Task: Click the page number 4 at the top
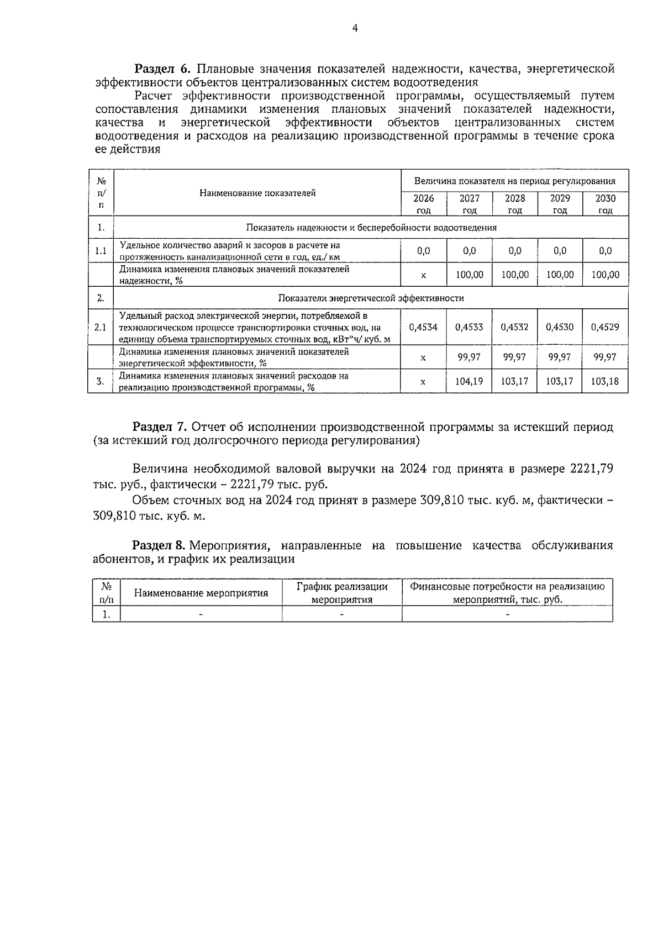coord(355,29)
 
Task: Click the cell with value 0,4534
coord(423,327)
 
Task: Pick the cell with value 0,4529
coord(605,327)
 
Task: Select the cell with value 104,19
coord(469,381)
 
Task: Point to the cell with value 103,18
coord(605,381)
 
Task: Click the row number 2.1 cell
coord(101,327)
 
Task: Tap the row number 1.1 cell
coord(101,251)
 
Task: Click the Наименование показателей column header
coord(257,193)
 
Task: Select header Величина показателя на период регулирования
coord(515,181)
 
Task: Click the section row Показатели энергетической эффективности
coord(371,298)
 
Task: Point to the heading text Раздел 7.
coord(160,427)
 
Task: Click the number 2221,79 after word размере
coord(590,469)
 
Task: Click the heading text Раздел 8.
coord(159,545)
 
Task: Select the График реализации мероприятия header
coord(342,593)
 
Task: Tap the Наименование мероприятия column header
coord(201,593)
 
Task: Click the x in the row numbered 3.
coord(423,381)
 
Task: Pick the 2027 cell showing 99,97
coord(469,357)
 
